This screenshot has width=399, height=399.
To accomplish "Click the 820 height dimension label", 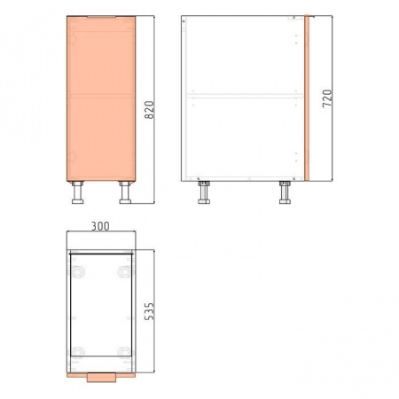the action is [x=150, y=110].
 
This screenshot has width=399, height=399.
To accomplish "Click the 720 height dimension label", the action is [x=327, y=98].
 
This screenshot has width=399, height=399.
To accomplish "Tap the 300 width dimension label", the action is [x=100, y=226].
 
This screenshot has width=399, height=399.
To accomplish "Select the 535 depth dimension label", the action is [x=149, y=311].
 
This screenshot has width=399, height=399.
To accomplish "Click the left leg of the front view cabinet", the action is [x=77, y=192].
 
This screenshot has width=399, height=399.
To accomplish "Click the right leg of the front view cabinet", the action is [x=125, y=192].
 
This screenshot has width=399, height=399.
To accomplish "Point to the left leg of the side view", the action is [x=204, y=192].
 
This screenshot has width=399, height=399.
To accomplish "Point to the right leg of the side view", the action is [x=285, y=192].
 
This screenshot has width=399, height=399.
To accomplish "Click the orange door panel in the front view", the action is [x=101, y=98].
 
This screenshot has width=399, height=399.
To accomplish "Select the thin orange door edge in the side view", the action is [x=307, y=98].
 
